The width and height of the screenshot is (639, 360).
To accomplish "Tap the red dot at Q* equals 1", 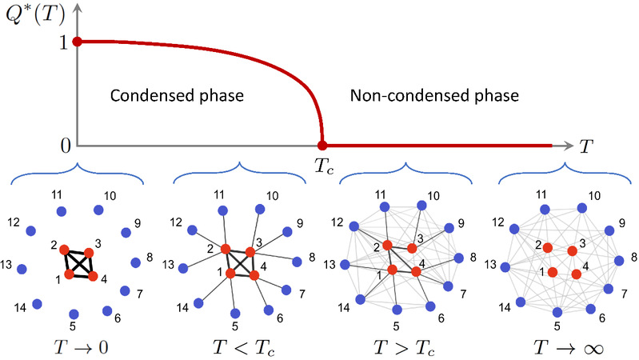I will tap(77, 42).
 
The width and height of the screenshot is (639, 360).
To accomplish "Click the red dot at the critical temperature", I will tap(322, 146).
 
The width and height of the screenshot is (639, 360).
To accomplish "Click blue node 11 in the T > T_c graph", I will tap(385, 207).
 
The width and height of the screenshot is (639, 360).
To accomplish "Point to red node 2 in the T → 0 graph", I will tap(65, 249).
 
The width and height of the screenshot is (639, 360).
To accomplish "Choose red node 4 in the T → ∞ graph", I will tap(577, 275).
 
